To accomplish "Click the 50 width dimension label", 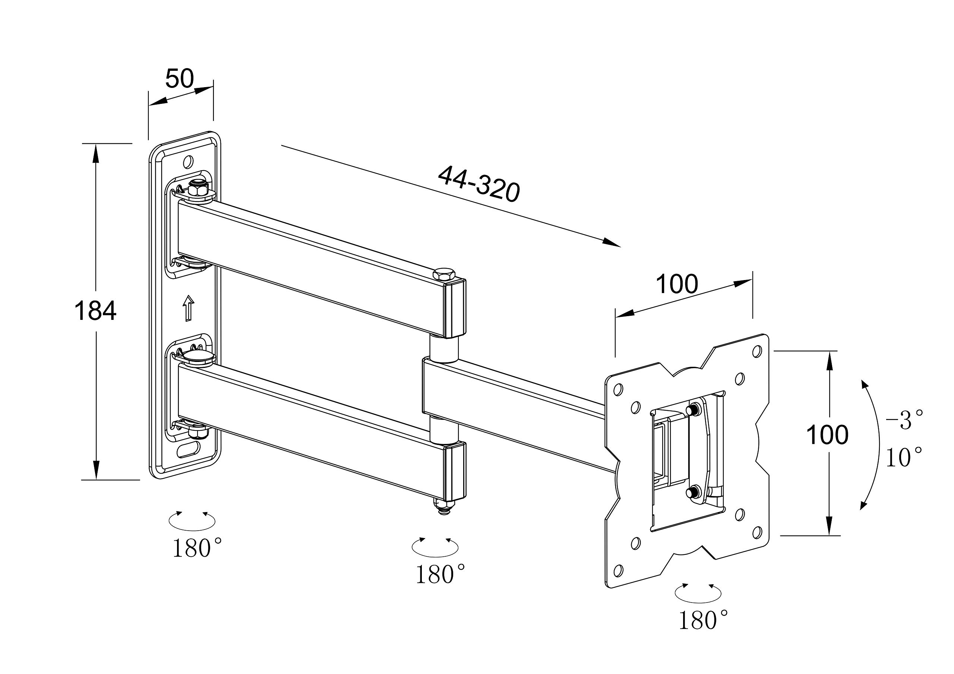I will pyautogui.click(x=180, y=79).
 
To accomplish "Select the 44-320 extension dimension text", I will pyautogui.click(x=478, y=184).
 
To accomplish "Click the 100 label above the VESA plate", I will pyautogui.click(x=676, y=284).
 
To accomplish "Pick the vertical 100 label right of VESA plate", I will pyautogui.click(x=827, y=435).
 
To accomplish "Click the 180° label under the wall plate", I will pyautogui.click(x=197, y=548).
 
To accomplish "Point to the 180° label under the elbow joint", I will pyautogui.click(x=440, y=575).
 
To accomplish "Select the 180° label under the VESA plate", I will pyautogui.click(x=703, y=620).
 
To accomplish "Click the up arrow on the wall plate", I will pyautogui.click(x=189, y=308).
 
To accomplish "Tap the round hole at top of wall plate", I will pyautogui.click(x=189, y=161).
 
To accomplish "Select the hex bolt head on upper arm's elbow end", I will pyautogui.click(x=443, y=274).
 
